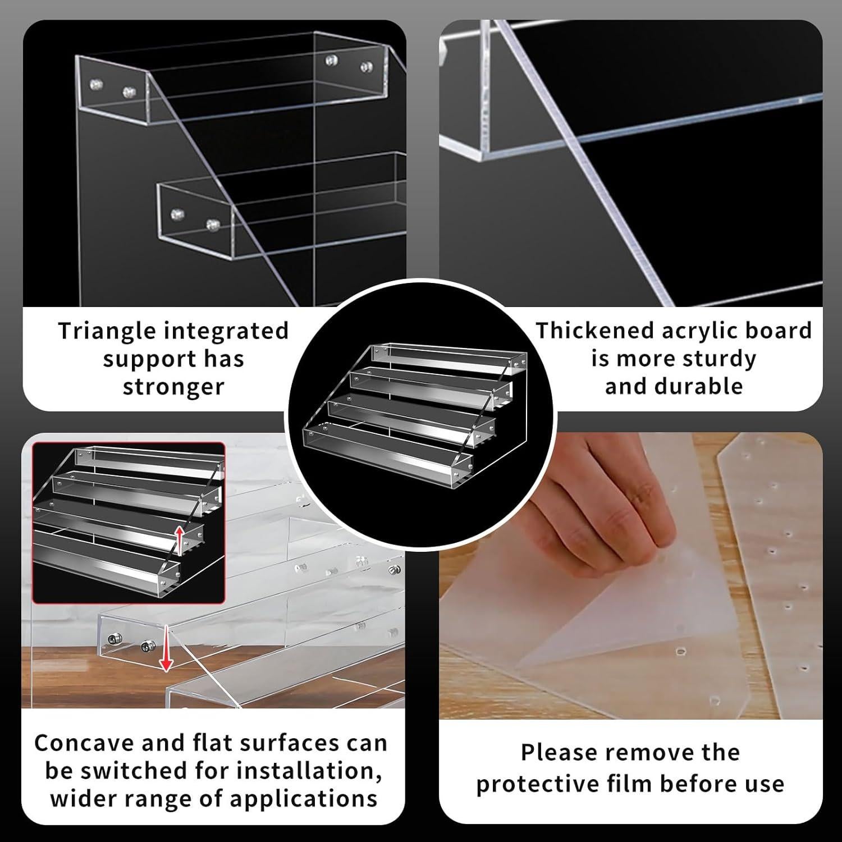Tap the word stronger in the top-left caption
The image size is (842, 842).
[173, 387]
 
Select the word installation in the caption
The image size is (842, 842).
[305, 771]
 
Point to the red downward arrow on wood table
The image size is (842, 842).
[165, 649]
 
